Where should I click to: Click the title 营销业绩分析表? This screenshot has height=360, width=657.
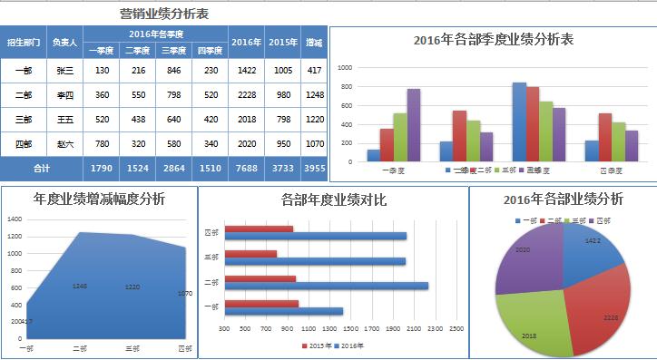pos(163,14)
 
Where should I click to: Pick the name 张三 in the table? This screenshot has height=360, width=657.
pos(65,70)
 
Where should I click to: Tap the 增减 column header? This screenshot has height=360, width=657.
pos(314,42)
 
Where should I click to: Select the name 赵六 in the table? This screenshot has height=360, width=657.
pos(65,143)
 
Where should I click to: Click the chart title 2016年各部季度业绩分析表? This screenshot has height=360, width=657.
pos(492,39)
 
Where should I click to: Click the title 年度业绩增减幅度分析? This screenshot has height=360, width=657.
pos(99,199)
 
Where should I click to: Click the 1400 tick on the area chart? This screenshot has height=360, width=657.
pos(14,219)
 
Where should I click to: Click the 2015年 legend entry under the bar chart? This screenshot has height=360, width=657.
pos(319,345)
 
